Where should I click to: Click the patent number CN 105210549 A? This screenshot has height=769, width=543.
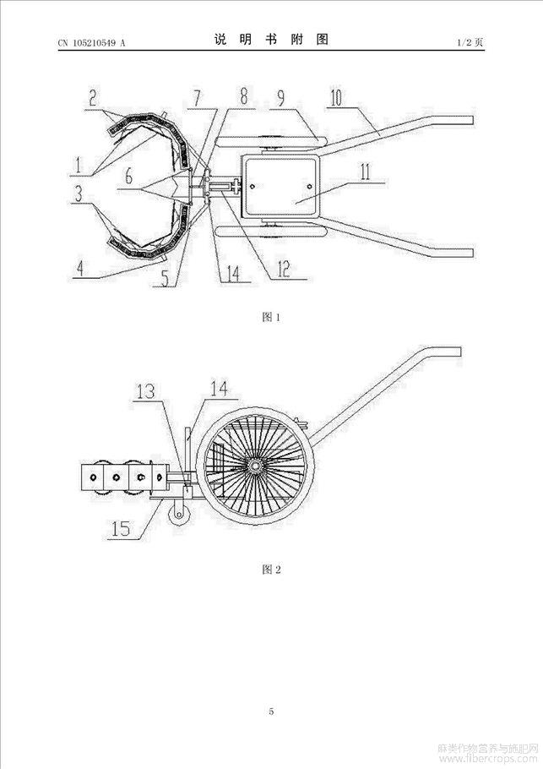coord(92,43)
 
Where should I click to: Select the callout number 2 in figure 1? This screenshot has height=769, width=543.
coord(92,97)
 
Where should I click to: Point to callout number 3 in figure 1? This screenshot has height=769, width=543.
coord(78,194)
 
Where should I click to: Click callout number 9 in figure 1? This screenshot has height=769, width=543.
coord(281,97)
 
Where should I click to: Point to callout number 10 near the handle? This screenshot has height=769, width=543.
coord(337,97)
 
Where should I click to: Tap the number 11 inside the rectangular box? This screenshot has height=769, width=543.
coord(365,172)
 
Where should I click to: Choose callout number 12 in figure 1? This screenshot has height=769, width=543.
coord(283,268)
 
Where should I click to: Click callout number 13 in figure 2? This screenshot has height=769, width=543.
coord(145,391)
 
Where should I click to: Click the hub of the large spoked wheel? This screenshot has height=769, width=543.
coord(254,466)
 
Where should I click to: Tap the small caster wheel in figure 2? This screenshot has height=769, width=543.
coord(179,515)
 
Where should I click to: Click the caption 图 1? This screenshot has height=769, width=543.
coord(271,317)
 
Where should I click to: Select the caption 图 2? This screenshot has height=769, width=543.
coord(271,570)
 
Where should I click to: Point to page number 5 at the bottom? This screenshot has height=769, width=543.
coord(272,712)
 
